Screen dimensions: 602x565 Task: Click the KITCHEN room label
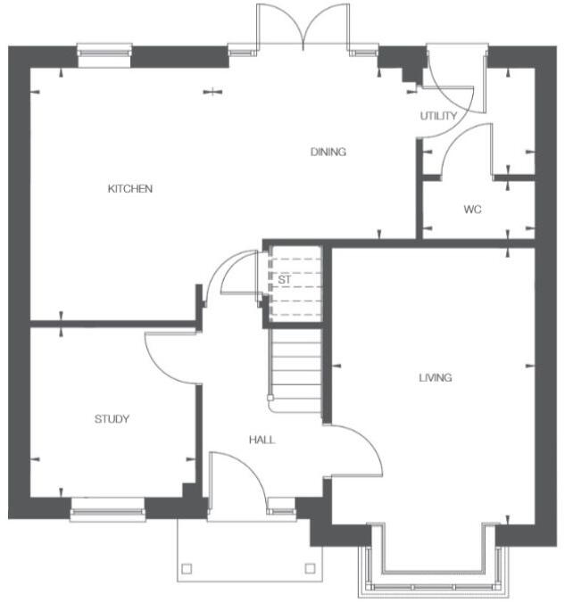[130, 189]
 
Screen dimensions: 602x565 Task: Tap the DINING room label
[328, 152]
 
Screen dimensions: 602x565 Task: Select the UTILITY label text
[438, 117]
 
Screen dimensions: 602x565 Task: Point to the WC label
[472, 210]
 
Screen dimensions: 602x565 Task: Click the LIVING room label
[436, 378]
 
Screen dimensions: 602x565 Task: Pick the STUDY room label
[112, 419]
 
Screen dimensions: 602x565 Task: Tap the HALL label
[262, 441]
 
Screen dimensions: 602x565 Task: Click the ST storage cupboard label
[285, 280]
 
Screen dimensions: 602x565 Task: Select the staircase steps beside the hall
[295, 366]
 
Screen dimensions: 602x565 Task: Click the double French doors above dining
[304, 25]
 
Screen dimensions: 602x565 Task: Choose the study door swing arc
[168, 357]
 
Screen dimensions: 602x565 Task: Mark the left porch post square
[187, 568]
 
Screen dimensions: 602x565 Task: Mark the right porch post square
[310, 568]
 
